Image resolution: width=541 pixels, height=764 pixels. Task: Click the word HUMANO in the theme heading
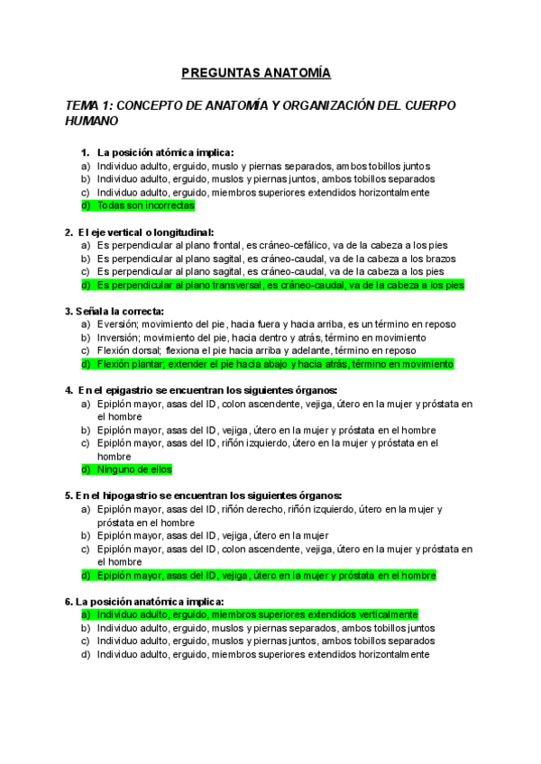pos(91,120)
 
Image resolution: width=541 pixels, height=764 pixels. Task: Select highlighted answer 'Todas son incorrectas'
pos(145,205)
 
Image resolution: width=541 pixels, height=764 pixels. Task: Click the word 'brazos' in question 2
pos(436,258)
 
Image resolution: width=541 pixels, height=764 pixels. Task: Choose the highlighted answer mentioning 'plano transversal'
pos(280,285)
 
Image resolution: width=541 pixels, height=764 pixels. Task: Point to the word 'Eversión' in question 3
pos(117,324)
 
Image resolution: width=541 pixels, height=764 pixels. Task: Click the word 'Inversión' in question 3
pos(117,338)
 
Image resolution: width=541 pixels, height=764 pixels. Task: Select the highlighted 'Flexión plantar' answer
pos(275,364)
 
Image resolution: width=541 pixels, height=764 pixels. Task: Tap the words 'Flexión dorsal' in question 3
pos(129,350)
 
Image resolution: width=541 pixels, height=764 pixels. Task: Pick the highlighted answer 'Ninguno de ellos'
pos(133,469)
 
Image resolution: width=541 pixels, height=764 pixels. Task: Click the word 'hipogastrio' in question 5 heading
pos(139,496)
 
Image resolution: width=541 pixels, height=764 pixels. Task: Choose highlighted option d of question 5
pos(266,575)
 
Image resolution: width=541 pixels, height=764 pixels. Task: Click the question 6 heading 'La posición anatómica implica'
pos(150,601)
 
